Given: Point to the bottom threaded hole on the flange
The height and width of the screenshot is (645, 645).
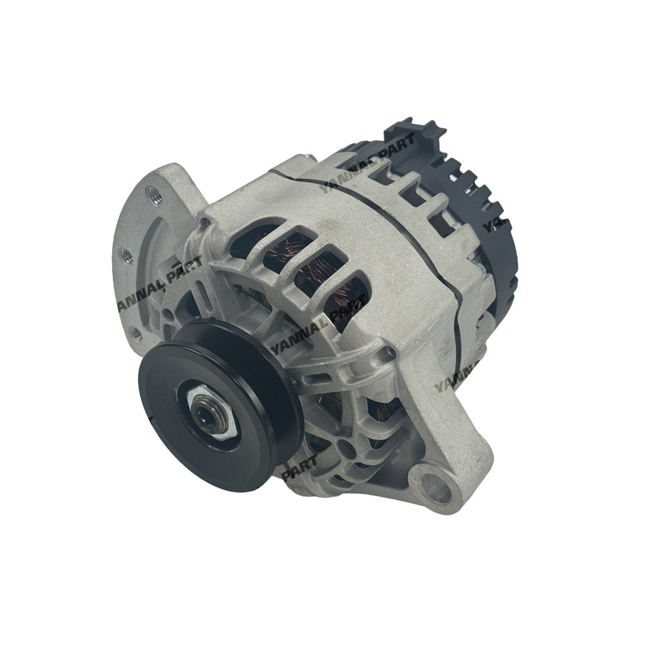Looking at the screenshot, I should [135, 333].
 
